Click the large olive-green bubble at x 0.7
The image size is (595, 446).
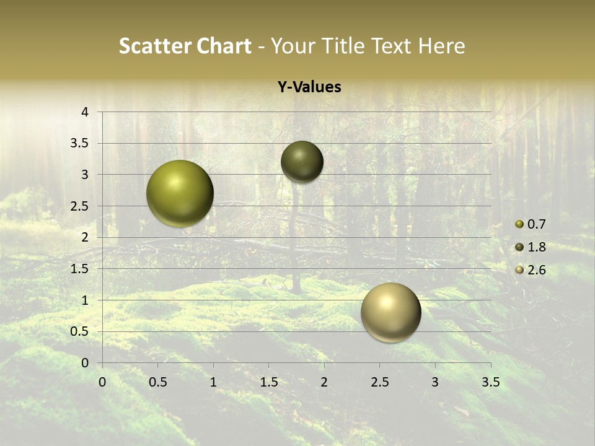(x=180, y=193)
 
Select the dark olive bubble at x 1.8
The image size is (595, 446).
(x=302, y=162)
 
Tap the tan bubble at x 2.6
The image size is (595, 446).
(x=391, y=312)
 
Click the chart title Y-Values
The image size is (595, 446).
(x=309, y=87)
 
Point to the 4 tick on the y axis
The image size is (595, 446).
(x=86, y=112)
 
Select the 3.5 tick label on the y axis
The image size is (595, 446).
(x=81, y=144)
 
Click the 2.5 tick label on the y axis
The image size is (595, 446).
(x=81, y=206)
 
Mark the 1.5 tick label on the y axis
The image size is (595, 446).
(x=81, y=269)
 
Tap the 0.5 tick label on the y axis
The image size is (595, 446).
(x=81, y=331)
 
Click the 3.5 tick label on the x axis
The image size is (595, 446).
(x=490, y=382)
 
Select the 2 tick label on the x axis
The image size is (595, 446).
(x=324, y=382)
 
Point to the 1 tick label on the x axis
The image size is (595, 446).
(x=213, y=382)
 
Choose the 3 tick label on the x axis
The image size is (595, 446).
(x=434, y=382)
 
